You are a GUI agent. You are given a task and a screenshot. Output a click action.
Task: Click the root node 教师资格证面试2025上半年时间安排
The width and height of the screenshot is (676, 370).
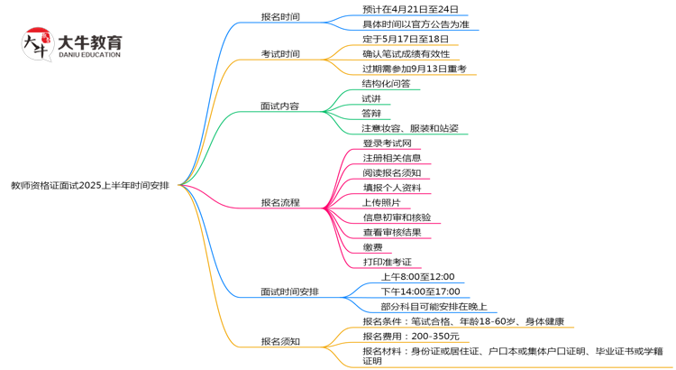pos(90,187)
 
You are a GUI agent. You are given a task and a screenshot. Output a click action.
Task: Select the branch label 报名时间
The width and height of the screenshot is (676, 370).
pos(280,17)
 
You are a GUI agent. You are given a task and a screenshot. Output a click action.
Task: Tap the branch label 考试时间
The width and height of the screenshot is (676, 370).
pos(280,54)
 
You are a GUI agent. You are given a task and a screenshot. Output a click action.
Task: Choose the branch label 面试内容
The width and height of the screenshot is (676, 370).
pos(280,106)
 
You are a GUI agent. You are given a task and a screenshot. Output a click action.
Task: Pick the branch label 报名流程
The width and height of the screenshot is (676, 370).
pos(280,202)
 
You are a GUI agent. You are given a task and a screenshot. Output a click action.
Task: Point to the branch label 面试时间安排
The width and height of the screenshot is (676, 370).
pos(289,291)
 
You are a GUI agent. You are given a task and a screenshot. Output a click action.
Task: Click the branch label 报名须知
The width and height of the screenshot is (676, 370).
pos(280,341)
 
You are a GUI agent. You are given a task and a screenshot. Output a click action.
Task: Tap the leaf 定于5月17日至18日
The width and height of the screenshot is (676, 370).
pos(405,39)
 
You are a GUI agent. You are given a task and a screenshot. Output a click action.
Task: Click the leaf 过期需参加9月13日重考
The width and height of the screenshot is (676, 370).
pos(414,69)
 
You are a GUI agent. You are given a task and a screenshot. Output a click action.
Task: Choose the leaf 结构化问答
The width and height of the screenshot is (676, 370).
pos(386,84)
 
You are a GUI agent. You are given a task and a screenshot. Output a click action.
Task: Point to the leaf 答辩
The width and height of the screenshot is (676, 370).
pos(371,114)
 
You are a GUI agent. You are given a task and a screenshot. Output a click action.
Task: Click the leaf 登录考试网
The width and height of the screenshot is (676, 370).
pos(387,143)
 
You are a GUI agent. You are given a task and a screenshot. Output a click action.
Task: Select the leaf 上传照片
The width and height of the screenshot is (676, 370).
pos(381,202)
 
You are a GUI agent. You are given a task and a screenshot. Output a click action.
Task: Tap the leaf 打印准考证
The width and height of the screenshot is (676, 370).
pos(387,262)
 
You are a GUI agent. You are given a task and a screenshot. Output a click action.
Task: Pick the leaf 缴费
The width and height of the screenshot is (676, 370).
pos(372,246)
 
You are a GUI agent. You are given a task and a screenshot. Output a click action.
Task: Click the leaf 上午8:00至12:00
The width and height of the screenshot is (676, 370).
pos(417,276)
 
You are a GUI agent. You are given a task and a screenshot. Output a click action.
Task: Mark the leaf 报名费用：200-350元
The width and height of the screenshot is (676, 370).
pos(411,337)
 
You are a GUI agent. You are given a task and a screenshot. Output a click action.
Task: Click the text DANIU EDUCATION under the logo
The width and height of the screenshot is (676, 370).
pos(88,55)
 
